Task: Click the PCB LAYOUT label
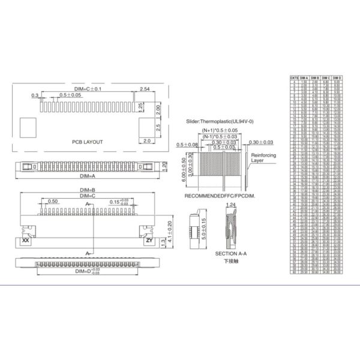click(x=87, y=142)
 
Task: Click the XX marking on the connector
click(x=25, y=240)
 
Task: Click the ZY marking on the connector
click(x=149, y=240)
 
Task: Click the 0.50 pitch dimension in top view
click(x=52, y=202)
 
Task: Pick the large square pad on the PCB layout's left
click(x=28, y=126)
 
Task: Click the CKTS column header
click(x=295, y=77)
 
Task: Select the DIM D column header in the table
click(x=337, y=77)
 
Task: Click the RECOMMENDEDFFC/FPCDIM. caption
click(x=220, y=196)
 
